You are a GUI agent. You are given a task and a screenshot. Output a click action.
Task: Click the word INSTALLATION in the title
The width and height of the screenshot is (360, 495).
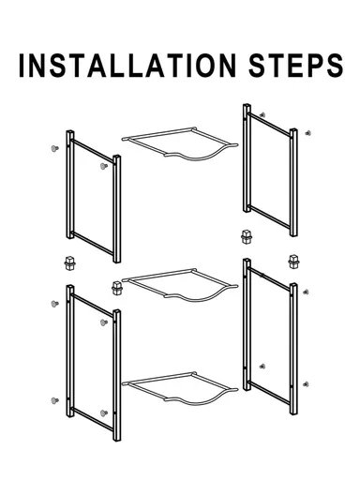click(127, 66)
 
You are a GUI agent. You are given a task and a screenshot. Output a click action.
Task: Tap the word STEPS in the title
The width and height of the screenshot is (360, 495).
click(296, 66)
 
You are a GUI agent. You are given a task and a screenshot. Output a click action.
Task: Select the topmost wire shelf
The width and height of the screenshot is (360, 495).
click(179, 143)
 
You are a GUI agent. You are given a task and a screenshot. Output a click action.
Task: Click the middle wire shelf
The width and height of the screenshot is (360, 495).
click(179, 285)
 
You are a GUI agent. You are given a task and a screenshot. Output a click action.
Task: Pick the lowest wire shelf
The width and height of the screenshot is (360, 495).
click(179, 389)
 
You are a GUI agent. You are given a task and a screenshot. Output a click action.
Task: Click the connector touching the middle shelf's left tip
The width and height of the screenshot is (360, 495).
click(117, 288)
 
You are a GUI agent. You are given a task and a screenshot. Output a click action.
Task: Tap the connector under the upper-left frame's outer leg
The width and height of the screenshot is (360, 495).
click(69, 262)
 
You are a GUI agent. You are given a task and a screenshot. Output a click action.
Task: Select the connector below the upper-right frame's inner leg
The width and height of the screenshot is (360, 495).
click(247, 237)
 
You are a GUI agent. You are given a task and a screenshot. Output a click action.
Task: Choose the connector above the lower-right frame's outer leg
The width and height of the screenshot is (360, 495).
click(293, 262)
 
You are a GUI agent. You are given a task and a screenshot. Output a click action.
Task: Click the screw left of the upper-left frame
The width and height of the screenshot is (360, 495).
click(55, 148)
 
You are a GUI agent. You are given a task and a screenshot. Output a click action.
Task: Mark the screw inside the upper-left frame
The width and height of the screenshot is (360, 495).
click(103, 166)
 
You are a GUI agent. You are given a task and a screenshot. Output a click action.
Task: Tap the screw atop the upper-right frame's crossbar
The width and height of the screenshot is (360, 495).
click(262, 115)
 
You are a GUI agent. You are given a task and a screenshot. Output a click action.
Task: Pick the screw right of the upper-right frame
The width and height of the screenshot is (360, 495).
click(307, 133)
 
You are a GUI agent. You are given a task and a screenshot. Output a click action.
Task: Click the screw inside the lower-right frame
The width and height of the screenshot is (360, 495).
click(262, 367)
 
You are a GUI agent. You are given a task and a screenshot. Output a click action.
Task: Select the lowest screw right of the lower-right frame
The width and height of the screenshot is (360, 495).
click(306, 384)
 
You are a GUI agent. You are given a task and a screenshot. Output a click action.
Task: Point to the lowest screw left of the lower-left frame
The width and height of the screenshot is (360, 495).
click(55, 400)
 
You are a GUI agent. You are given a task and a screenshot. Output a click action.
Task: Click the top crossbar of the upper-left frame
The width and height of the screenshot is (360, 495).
click(93, 151)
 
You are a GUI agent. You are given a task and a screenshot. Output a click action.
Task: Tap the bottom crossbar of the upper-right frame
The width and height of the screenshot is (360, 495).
click(270, 217)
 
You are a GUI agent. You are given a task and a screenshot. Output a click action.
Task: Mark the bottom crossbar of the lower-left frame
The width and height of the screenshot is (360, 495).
click(93, 420)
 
